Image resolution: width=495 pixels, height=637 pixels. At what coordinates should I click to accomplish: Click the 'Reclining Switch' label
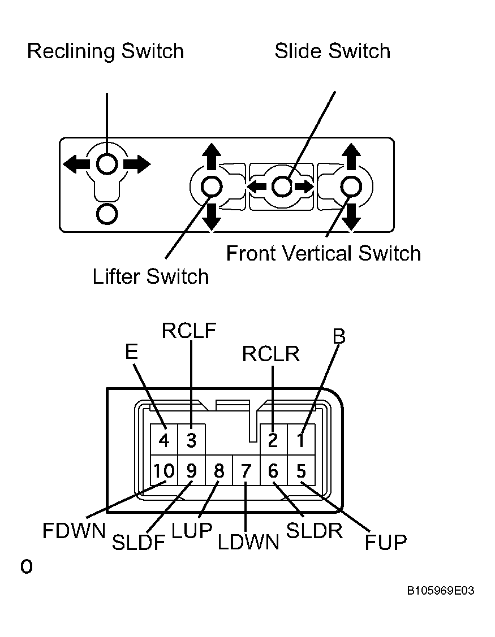click(x=105, y=51)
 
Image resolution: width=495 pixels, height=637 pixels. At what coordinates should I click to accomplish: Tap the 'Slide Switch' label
click(x=332, y=51)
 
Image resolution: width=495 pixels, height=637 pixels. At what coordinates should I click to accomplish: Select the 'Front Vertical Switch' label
click(x=324, y=253)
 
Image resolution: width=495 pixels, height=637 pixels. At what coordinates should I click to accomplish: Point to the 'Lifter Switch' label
click(x=150, y=276)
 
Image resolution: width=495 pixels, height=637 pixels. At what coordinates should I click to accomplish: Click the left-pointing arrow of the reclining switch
click(x=76, y=164)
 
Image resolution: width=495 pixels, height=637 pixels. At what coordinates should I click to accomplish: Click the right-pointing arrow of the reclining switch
click(x=137, y=164)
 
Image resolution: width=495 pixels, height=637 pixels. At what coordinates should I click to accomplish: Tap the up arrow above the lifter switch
click(x=212, y=157)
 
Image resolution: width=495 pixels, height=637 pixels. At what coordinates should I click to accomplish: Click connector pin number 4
click(x=164, y=440)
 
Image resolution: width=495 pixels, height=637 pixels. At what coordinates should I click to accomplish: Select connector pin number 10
click(x=164, y=470)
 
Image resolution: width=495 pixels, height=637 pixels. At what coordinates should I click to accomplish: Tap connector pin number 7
click(x=246, y=470)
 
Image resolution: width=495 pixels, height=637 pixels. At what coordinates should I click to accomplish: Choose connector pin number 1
click(x=301, y=440)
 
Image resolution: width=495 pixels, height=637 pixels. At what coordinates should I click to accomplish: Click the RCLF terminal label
click(x=189, y=331)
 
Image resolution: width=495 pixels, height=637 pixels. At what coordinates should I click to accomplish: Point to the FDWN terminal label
click(x=74, y=531)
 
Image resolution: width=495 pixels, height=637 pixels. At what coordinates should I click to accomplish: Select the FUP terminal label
click(x=386, y=543)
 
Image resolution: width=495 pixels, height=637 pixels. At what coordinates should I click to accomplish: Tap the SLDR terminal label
click(x=315, y=531)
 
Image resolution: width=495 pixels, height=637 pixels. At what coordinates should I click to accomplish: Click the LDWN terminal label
click(x=248, y=543)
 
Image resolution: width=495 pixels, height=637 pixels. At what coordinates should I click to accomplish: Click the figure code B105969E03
click(x=441, y=591)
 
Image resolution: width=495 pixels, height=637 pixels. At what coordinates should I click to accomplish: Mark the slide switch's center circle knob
click(x=282, y=187)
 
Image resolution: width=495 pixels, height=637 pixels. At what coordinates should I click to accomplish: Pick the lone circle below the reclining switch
click(x=107, y=214)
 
